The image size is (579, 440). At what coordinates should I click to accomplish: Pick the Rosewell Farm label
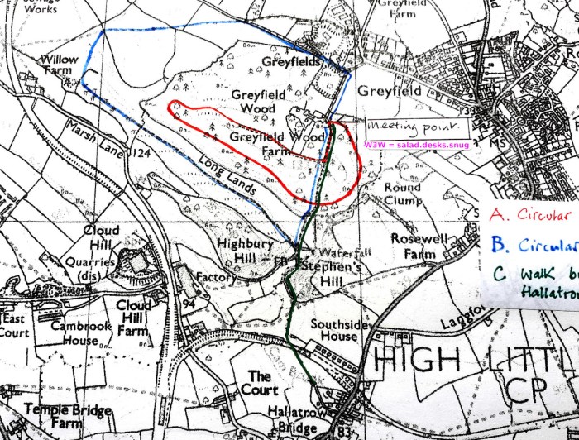pyautogui.click(x=417, y=234)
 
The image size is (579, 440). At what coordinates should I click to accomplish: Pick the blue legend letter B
pyautogui.click(x=497, y=245)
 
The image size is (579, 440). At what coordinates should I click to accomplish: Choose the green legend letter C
pyautogui.click(x=497, y=275)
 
